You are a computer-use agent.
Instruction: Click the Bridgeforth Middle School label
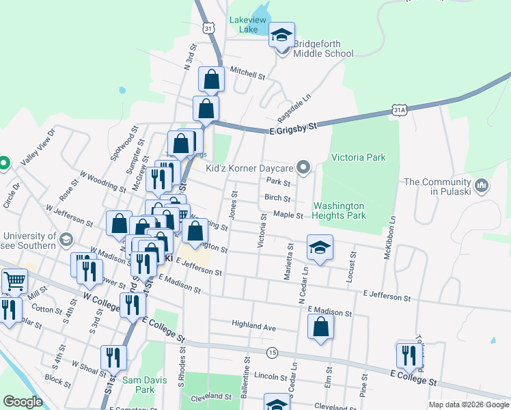[x=322, y=49]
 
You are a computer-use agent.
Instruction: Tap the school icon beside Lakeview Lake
[x=281, y=36]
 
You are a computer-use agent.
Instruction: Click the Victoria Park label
[x=358, y=157]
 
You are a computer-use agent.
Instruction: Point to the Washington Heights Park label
[x=340, y=210]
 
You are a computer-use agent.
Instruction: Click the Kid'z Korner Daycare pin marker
[x=305, y=167]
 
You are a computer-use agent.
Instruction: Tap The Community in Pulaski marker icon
[x=481, y=184]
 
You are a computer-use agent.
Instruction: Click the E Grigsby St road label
[x=294, y=128]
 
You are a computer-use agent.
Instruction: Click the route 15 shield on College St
[x=273, y=352]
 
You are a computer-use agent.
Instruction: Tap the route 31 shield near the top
[x=208, y=27]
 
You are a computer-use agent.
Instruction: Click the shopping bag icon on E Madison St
[x=320, y=327]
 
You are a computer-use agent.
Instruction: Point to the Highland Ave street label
[x=253, y=327]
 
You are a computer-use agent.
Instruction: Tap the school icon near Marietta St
[x=319, y=249]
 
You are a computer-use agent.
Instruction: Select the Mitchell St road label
[x=247, y=72]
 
